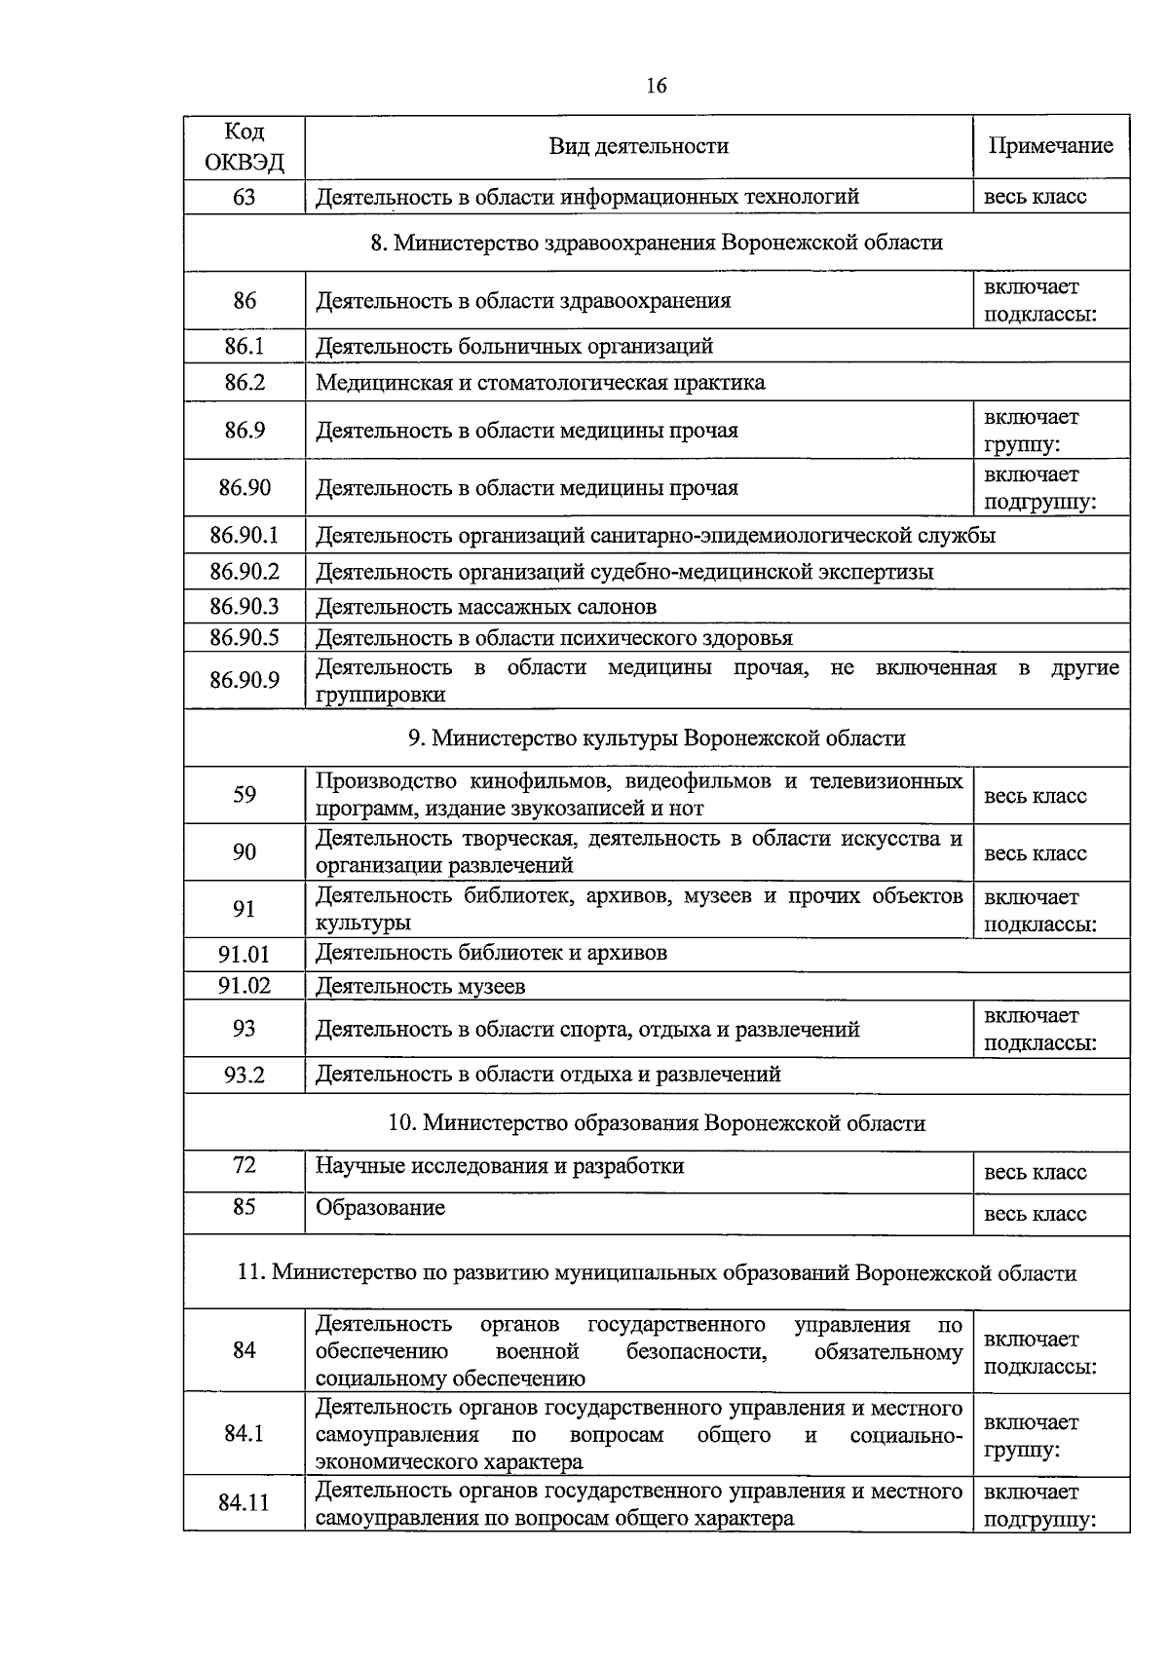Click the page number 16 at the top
(x=656, y=86)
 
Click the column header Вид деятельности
(x=638, y=146)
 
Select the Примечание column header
(x=1050, y=146)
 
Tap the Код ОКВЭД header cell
(x=245, y=146)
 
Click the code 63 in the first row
(x=245, y=197)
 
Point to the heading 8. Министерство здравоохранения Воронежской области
(x=657, y=242)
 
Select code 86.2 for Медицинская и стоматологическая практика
(x=245, y=382)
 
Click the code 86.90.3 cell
(x=245, y=607)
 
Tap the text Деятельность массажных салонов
(x=486, y=607)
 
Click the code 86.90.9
(x=245, y=680)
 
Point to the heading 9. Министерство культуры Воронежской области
(x=657, y=738)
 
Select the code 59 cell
(x=245, y=795)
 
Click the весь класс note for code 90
(x=1035, y=853)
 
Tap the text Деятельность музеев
(x=420, y=986)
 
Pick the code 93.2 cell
(x=245, y=1076)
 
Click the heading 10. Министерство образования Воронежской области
(x=657, y=1123)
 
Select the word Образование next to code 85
(x=380, y=1208)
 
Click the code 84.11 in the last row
(x=244, y=1503)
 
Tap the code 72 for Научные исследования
(x=245, y=1165)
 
